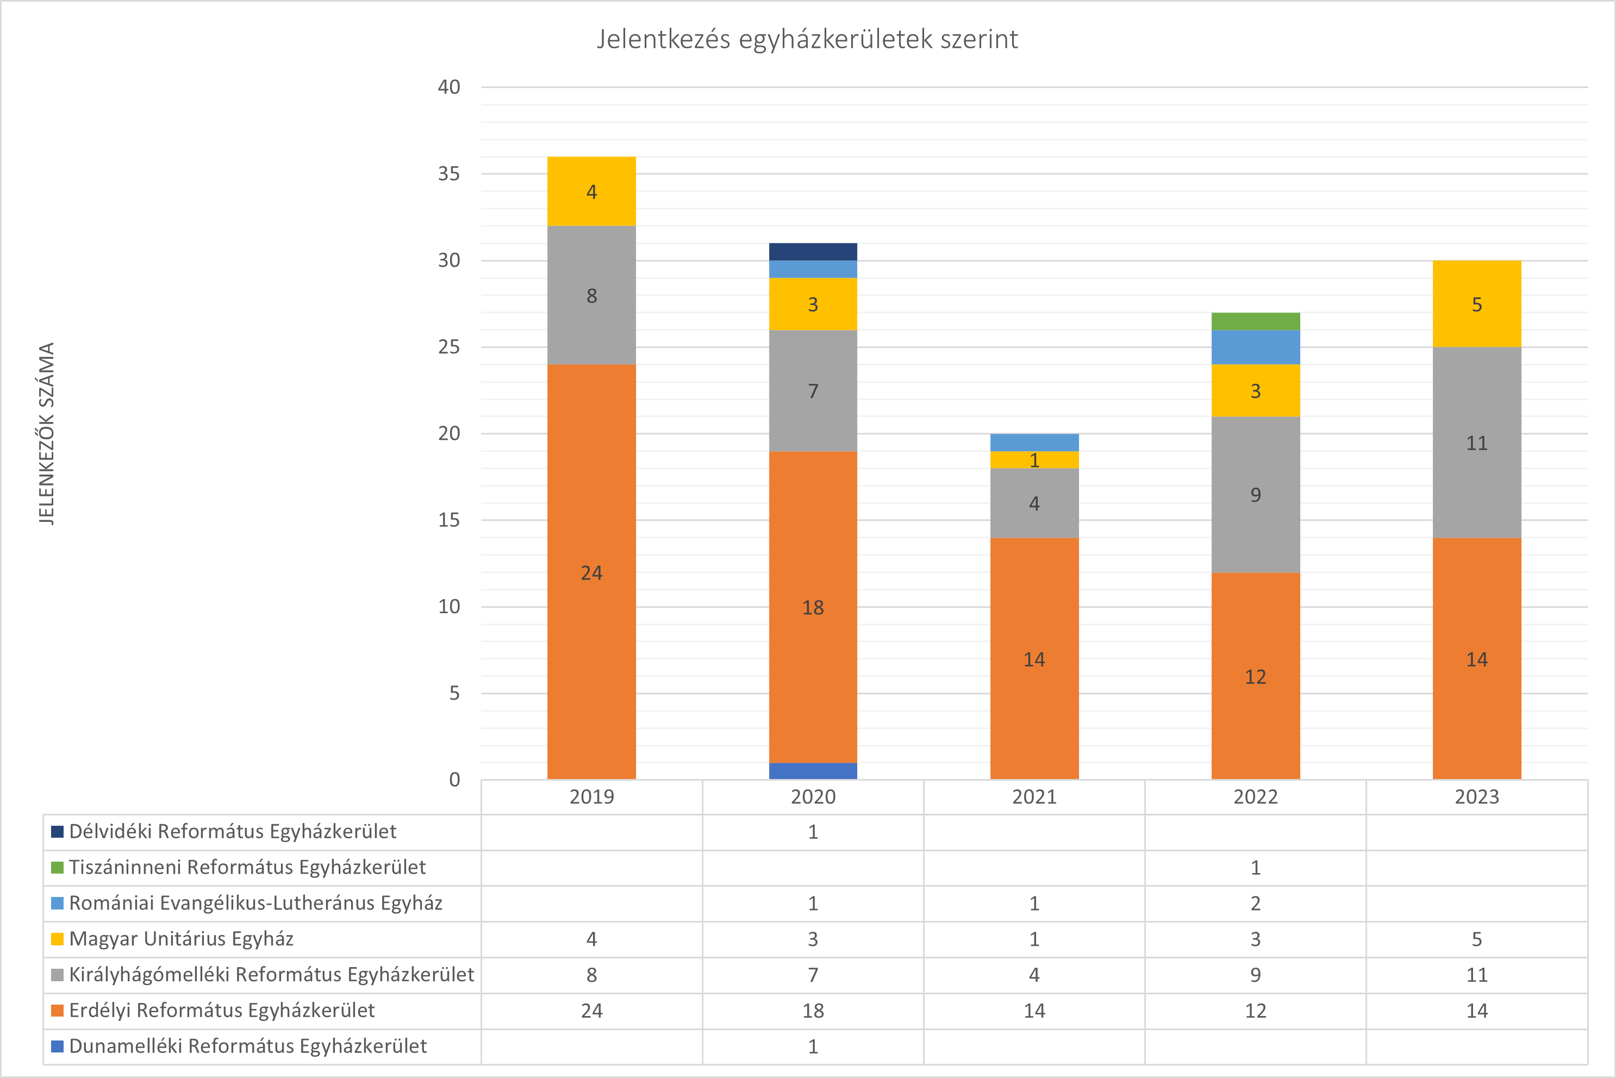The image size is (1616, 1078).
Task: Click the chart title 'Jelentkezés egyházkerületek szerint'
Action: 807,39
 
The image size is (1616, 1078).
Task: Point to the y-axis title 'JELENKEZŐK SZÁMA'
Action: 46,434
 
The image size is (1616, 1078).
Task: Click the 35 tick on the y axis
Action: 449,174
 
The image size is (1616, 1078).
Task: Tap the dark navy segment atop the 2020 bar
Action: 813,252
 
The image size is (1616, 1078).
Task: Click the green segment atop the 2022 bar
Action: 1255,321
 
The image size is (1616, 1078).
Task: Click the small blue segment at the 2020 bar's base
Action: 813,771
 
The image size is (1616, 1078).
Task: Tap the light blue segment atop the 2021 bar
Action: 1034,442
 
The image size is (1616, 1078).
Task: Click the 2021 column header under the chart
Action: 1034,797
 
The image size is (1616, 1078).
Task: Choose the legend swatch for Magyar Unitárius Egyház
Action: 58,939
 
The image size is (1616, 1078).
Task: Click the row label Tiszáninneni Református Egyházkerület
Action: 247,868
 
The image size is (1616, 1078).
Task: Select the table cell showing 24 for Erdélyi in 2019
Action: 591,1011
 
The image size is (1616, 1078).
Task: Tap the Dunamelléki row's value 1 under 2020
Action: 813,1046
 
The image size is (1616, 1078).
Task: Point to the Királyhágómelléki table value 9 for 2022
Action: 1255,975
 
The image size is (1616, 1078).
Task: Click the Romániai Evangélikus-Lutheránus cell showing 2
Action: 1255,903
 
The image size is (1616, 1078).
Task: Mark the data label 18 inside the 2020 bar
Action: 813,608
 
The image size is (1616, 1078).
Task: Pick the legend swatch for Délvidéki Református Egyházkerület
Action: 58,832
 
